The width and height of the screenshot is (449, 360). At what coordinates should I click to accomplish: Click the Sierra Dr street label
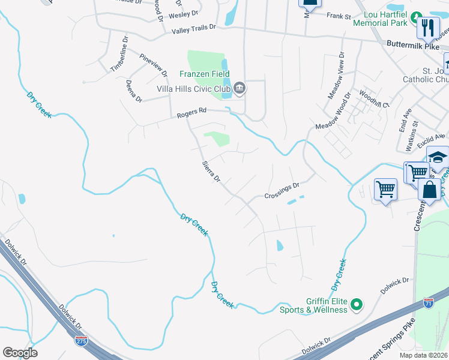pos(211,172)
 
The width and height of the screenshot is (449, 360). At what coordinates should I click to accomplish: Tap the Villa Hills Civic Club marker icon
pos(240,89)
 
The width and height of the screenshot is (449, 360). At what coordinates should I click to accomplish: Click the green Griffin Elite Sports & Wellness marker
pos(356,305)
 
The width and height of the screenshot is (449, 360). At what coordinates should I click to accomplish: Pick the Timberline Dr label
pos(119,55)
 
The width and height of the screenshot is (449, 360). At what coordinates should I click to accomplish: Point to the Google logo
pos(20,353)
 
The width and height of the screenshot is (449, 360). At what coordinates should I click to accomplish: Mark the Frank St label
pos(338,16)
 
